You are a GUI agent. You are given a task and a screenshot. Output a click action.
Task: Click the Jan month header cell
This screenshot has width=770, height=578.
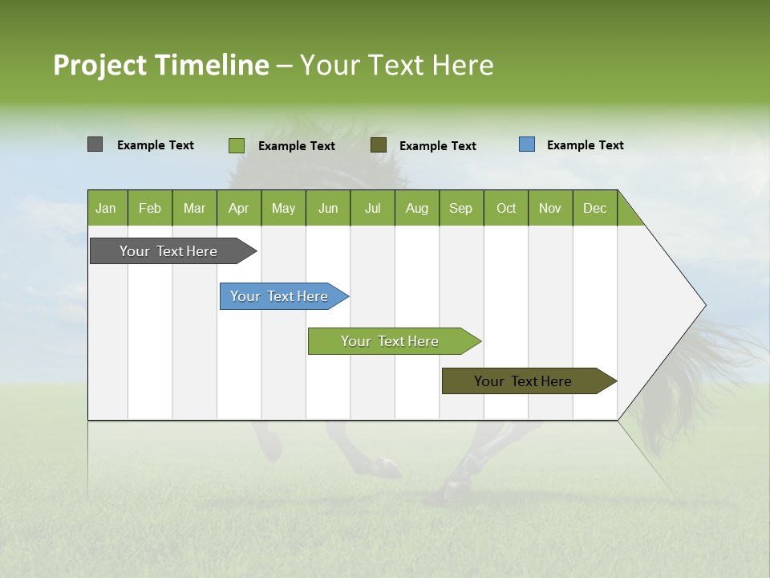click(x=107, y=208)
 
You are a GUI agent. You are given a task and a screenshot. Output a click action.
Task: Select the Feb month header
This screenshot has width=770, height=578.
click(x=150, y=208)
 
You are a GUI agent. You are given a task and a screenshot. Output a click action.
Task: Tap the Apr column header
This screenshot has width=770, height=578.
click(x=239, y=208)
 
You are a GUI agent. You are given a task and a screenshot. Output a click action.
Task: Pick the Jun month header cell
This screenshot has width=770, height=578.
click(x=328, y=208)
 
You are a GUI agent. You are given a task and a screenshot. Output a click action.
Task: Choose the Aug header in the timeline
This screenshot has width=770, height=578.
click(x=417, y=208)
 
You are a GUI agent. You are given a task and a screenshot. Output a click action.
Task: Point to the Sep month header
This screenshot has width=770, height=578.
click(x=461, y=208)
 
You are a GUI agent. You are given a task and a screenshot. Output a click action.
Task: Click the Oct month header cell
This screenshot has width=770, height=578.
click(x=506, y=208)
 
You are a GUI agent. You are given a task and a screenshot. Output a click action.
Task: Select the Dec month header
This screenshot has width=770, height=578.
click(x=595, y=208)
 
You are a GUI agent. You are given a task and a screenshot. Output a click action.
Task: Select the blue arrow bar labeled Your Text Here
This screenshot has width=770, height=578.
click(x=281, y=296)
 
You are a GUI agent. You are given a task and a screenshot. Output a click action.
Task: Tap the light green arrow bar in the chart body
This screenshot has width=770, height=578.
click(x=391, y=341)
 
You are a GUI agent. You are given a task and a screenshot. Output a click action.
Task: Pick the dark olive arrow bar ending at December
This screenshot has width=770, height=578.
click(x=525, y=381)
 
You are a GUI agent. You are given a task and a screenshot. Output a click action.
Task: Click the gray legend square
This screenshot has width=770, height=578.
click(x=95, y=144)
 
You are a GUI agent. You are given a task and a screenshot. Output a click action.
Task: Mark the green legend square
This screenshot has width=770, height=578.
click(x=237, y=145)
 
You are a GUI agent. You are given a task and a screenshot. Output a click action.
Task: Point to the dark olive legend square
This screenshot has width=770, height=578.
click(x=379, y=144)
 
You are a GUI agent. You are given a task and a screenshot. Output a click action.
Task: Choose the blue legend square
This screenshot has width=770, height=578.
click(x=527, y=144)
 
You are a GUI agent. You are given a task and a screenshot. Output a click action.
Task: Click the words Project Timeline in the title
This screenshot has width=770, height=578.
click(x=161, y=65)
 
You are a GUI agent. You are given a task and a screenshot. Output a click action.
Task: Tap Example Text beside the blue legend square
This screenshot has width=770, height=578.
click(x=586, y=145)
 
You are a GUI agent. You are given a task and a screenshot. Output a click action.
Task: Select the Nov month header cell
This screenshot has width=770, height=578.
click(x=550, y=208)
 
